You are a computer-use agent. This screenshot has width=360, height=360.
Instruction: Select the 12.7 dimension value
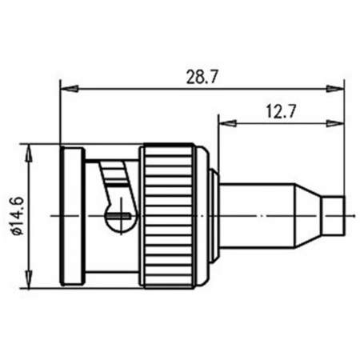pyautogui.click(x=280, y=112)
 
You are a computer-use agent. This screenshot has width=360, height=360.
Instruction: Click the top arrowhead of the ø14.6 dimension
pyautogui.click(x=30, y=150)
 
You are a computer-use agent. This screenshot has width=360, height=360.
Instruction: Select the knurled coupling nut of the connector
pyautogui.click(x=167, y=214)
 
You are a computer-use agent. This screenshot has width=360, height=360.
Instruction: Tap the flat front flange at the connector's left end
pyautogui.click(x=70, y=214)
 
